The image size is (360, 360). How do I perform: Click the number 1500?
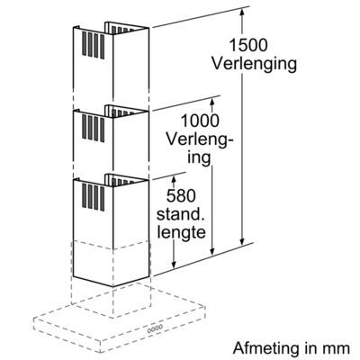[x=247, y=45]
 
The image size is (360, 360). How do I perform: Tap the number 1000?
[x=200, y=121]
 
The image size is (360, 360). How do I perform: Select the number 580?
[x=181, y=196]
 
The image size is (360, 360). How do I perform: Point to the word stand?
[x=181, y=214]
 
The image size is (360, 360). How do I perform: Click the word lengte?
[x=181, y=232]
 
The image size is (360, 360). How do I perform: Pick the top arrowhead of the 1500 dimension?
[x=242, y=12]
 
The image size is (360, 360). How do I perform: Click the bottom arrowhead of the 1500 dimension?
[x=242, y=240]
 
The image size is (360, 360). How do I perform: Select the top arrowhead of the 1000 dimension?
[x=212, y=101]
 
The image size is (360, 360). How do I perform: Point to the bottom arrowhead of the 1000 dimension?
[x=212, y=251]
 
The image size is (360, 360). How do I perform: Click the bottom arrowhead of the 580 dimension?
[x=174, y=263]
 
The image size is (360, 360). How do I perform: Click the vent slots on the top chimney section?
[x=93, y=45]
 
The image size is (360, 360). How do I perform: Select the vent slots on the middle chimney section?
[x=93, y=129]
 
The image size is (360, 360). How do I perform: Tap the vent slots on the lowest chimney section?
[x=93, y=197]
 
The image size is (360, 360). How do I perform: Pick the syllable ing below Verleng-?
[x=200, y=157]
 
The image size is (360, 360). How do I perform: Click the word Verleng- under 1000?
[x=200, y=140]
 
